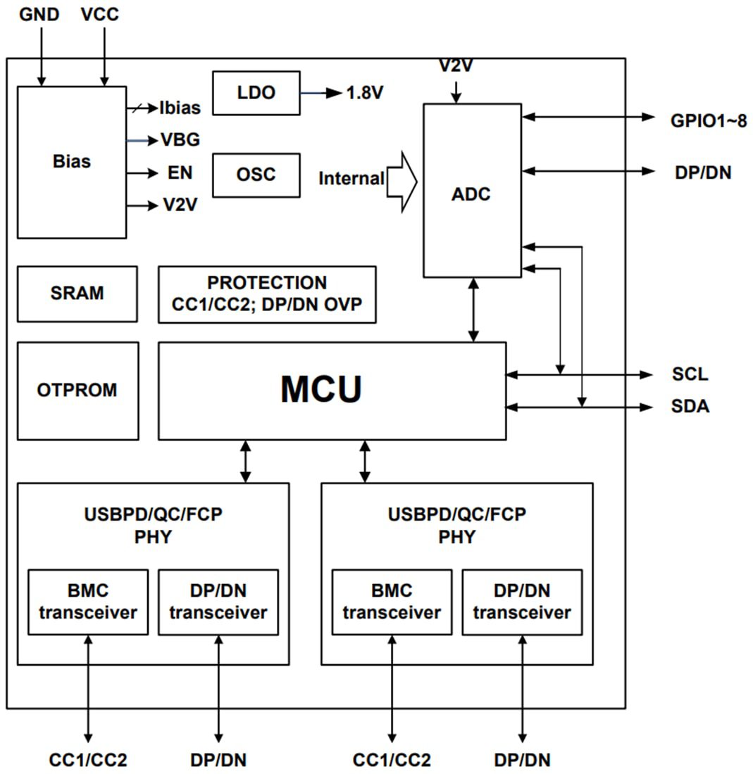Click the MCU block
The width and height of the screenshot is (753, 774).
click(332, 391)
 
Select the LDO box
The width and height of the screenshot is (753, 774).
click(256, 93)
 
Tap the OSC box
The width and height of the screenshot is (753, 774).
click(256, 175)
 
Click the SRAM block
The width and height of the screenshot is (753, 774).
click(77, 293)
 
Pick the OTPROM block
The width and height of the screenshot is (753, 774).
click(77, 391)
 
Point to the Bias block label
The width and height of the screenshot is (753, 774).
click(72, 161)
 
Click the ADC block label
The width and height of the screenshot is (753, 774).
click(471, 195)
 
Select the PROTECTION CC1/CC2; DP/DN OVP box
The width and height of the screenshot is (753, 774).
click(267, 294)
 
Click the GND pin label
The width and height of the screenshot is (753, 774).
click(39, 14)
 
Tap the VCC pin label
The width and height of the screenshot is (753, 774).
click(100, 14)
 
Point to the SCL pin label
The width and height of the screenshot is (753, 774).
click(690, 374)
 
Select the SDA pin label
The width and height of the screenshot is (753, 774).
click(690, 407)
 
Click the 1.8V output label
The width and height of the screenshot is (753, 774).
click(365, 93)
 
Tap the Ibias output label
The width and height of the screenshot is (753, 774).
click(180, 108)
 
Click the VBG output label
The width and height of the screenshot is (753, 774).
click(180, 141)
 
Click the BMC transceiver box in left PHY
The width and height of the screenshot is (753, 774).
click(88, 602)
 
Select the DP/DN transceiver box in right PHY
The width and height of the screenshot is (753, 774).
click(522, 602)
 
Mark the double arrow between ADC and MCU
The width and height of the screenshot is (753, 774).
click(473, 310)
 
